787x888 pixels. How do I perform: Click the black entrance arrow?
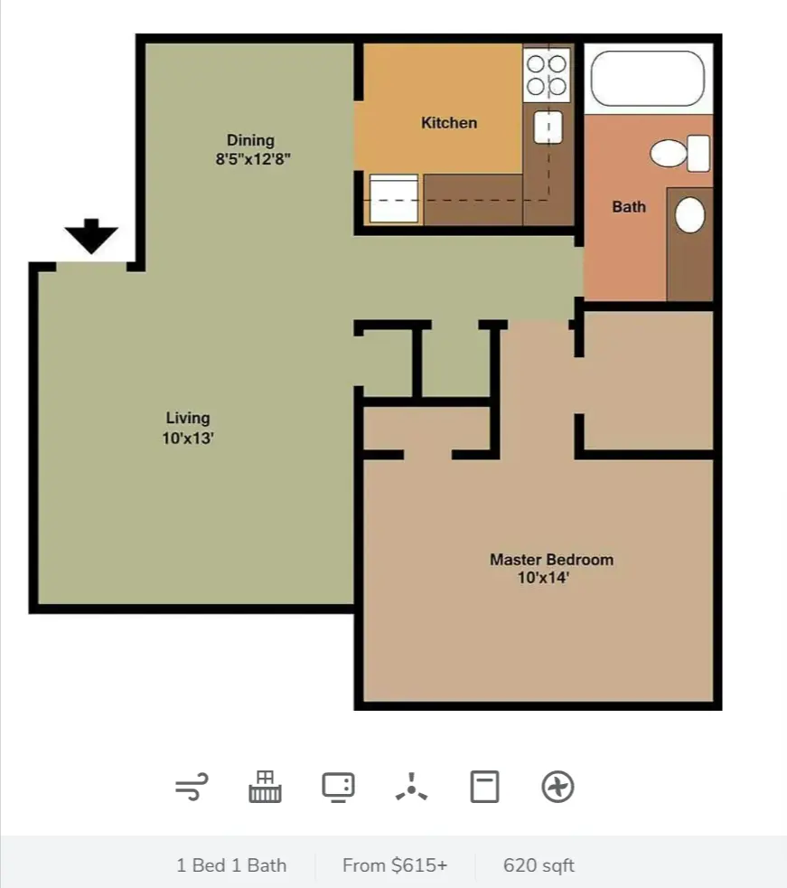point(91,236)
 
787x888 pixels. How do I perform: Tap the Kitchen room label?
point(449,123)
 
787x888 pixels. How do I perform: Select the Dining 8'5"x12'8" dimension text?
point(253,159)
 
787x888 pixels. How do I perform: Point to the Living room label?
point(188,419)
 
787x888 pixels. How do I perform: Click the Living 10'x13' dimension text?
point(188,439)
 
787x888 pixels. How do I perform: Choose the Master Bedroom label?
point(552,560)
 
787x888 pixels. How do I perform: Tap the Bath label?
point(629,207)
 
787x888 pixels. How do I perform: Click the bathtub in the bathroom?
point(648,79)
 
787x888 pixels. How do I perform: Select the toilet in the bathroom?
point(680,153)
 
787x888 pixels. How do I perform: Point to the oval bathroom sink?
point(690,214)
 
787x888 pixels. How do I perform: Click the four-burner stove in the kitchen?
point(547,75)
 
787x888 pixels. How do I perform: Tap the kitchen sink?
point(548,127)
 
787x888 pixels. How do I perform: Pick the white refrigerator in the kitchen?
point(394,199)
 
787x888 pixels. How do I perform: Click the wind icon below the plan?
point(192,787)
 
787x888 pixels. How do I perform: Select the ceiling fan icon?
point(411,788)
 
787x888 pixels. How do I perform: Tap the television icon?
point(338,788)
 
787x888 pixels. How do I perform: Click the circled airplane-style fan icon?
point(557,787)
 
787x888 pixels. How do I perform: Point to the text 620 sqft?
point(539,865)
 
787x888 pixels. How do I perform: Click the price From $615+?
point(395,865)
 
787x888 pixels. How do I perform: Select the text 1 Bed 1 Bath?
point(231,865)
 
